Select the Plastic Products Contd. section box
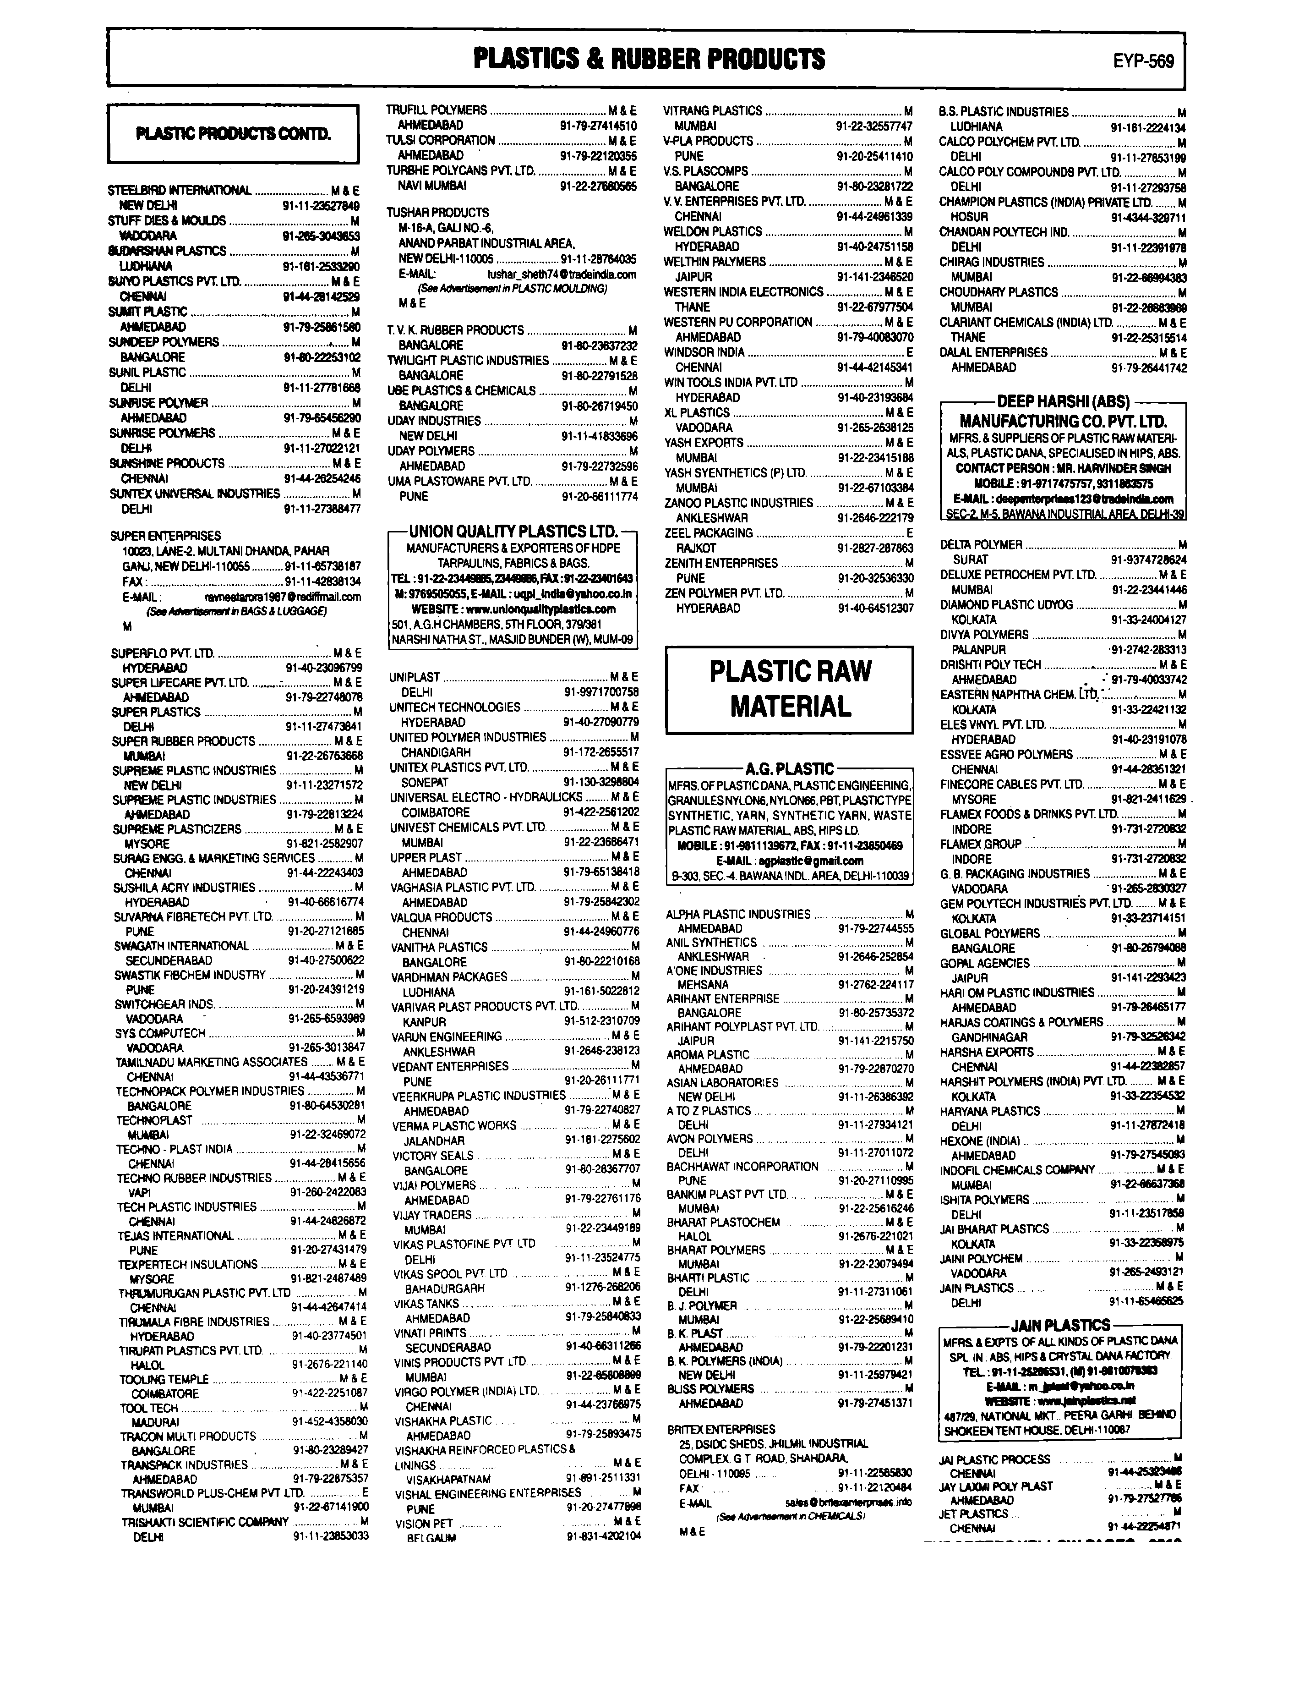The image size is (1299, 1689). (x=233, y=134)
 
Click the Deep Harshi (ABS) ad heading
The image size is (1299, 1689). (x=1063, y=401)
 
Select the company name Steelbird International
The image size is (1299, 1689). (x=180, y=190)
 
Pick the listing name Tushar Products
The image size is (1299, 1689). (x=437, y=212)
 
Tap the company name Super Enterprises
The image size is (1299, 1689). (x=165, y=535)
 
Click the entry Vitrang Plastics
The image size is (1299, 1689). (x=712, y=110)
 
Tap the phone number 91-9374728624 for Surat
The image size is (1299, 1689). (x=1148, y=559)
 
